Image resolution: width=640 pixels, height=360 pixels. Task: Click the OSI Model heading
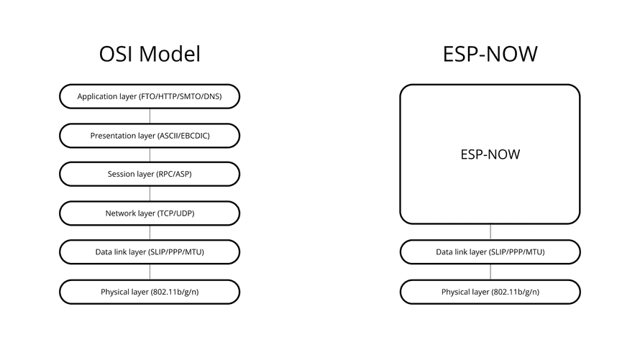click(150, 54)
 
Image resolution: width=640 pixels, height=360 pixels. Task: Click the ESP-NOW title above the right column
click(490, 54)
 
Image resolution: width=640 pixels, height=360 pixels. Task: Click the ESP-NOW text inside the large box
click(490, 154)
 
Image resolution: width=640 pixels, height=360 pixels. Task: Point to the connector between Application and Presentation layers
click(150, 116)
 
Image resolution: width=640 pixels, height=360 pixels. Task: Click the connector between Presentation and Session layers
click(150, 155)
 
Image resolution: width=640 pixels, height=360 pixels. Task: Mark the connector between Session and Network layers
click(150, 194)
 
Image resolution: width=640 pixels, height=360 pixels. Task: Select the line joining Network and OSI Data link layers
click(150, 232)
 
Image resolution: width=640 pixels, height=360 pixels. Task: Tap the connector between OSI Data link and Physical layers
click(150, 272)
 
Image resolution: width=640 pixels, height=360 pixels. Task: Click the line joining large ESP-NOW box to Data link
click(490, 232)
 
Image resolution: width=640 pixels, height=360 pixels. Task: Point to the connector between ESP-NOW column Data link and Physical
click(490, 272)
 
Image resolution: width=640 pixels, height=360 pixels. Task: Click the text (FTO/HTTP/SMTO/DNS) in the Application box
click(180, 96)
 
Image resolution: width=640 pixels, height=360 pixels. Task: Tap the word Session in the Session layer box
click(119, 174)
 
